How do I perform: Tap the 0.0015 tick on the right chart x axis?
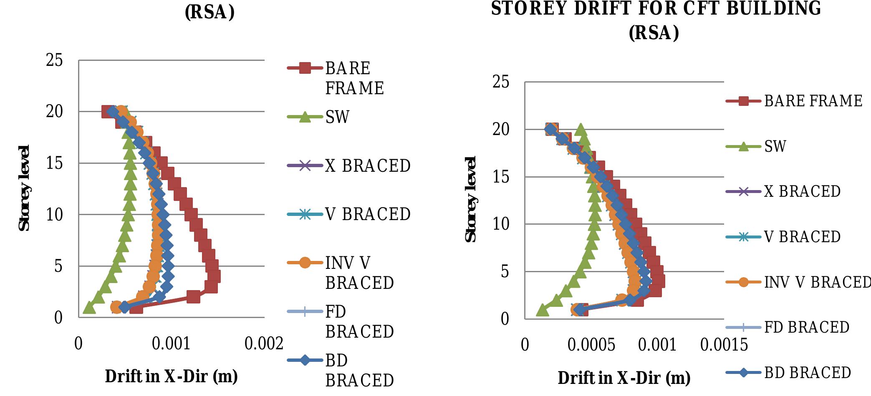[724, 346]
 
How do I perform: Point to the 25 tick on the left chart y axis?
[55, 60]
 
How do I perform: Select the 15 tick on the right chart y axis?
[501, 177]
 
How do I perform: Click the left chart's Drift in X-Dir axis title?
[171, 376]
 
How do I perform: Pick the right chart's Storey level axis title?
[470, 199]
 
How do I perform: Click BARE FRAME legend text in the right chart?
[813, 101]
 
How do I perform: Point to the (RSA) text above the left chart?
[210, 13]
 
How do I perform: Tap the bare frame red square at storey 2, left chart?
[193, 297]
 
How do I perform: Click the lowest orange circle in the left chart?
[116, 307]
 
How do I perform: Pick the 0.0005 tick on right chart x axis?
[591, 346]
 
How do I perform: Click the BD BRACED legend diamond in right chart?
[743, 373]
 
